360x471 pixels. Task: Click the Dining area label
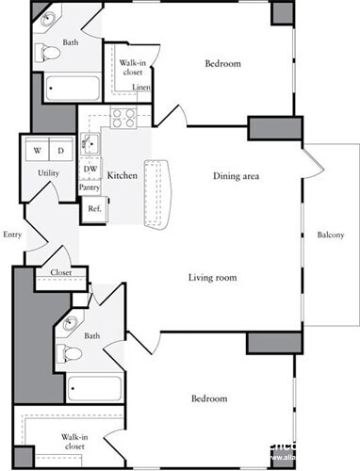pyautogui.click(x=236, y=176)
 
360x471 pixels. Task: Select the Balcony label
pyautogui.click(x=330, y=235)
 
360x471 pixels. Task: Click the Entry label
pyautogui.click(x=12, y=235)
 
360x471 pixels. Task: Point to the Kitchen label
pyautogui.click(x=123, y=176)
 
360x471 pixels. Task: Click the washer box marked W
pyautogui.click(x=38, y=151)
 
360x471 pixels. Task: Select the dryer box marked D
pyautogui.click(x=59, y=151)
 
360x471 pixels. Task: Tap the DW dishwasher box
pyautogui.click(x=90, y=170)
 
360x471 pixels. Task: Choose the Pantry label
pyautogui.click(x=90, y=187)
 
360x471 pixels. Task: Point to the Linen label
pyautogui.click(x=140, y=88)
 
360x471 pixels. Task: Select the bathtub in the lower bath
pyautogui.click(x=94, y=388)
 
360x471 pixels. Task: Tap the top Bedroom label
pyautogui.click(x=223, y=64)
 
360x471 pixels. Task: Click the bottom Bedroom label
pyautogui.click(x=207, y=398)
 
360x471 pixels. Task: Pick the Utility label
pyautogui.click(x=49, y=173)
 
